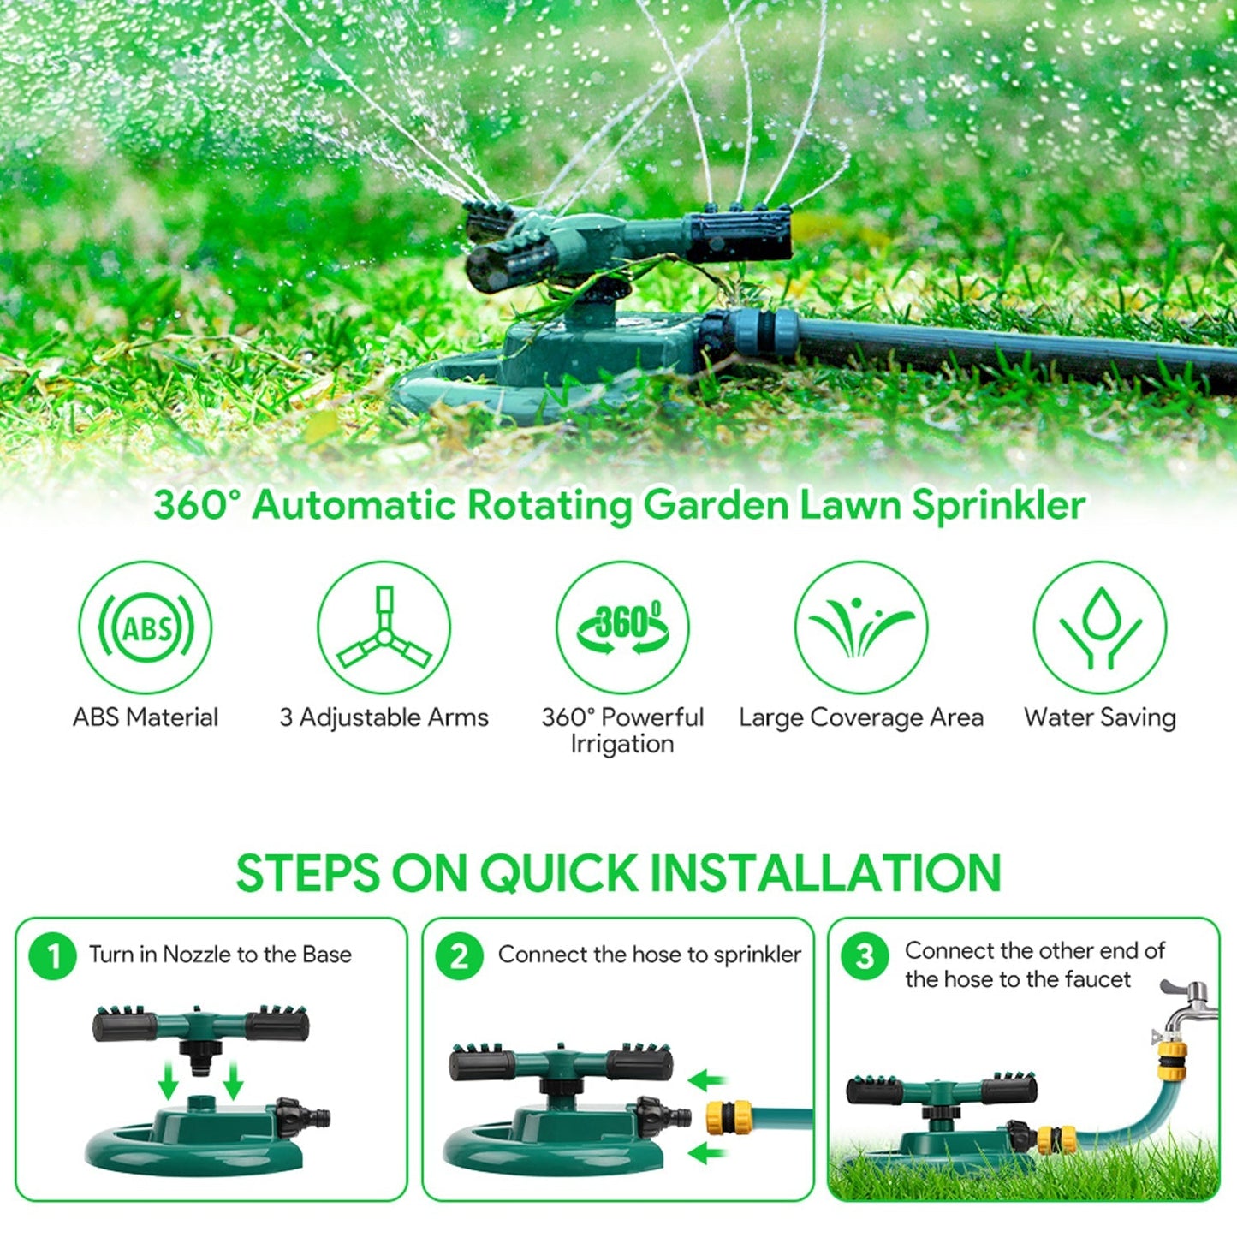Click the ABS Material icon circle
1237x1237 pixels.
tap(146, 627)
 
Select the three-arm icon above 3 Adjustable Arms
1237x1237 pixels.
tap(384, 627)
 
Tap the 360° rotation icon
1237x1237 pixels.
tap(622, 627)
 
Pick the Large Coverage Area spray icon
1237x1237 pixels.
tap(861, 627)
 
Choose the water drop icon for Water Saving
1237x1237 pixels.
tap(1100, 627)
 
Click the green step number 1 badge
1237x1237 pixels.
tap(53, 955)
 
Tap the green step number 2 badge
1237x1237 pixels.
tap(460, 955)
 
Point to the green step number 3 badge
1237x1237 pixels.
tap(865, 955)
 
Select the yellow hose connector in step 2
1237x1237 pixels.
tap(729, 1116)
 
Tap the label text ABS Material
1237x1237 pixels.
tap(146, 717)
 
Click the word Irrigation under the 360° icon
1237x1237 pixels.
tap(622, 744)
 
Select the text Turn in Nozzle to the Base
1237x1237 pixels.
tap(220, 955)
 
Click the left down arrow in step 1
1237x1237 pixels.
tap(169, 1082)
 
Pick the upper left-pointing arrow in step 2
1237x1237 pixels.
tap(707, 1080)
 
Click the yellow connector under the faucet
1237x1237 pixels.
tap(1171, 1058)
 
